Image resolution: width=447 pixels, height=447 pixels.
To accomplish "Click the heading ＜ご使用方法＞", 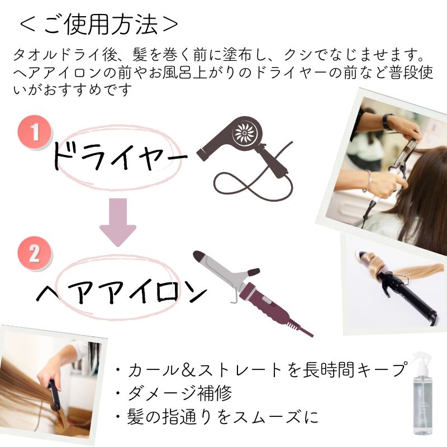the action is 99,25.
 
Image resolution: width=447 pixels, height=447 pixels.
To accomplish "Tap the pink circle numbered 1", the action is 35,132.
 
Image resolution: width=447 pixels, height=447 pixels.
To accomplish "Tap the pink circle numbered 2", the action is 35,254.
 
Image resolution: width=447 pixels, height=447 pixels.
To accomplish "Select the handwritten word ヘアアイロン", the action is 122,290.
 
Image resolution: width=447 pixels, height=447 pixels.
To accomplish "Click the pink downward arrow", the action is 118,222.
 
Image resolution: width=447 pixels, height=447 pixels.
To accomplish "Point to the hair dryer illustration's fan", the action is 244,132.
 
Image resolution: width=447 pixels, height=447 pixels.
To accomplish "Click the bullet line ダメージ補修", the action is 174,393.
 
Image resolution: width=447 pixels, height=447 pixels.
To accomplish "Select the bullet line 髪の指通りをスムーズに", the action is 217,417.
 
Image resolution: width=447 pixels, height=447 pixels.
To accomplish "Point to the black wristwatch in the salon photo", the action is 387,121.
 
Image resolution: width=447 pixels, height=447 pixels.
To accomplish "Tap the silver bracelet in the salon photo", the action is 368,181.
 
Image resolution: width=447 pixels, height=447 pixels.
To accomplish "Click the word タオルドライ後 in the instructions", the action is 65,55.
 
